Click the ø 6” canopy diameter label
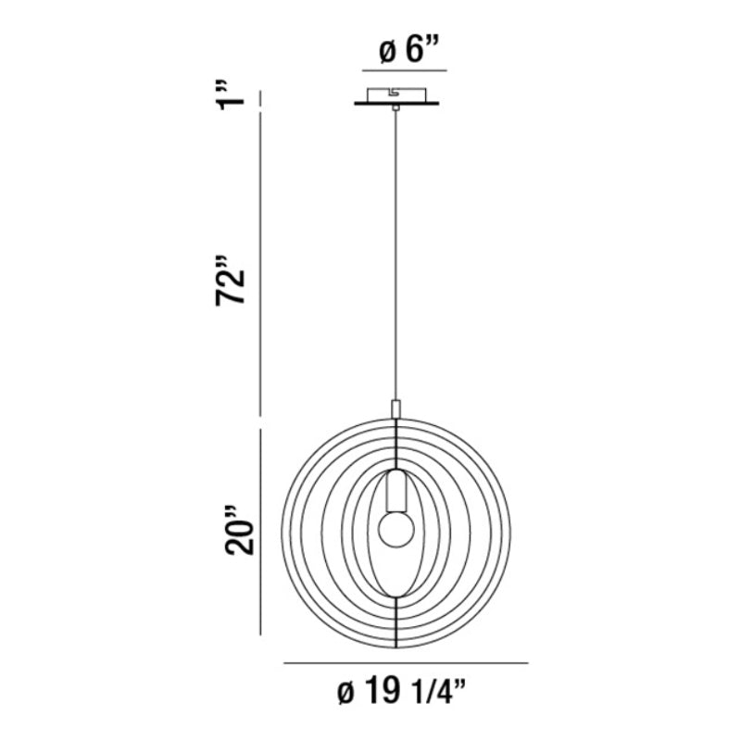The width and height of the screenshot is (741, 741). click(x=409, y=50)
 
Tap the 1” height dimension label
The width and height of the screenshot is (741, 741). click(x=231, y=96)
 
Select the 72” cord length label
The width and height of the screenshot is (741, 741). click(x=231, y=282)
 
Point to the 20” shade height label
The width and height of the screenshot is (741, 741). click(x=239, y=530)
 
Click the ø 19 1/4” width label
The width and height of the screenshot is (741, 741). click(x=402, y=693)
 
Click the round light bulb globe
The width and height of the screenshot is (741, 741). click(x=396, y=529)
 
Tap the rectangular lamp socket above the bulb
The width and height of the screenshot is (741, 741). click(x=396, y=491)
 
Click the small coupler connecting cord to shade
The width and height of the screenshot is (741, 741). click(x=396, y=408)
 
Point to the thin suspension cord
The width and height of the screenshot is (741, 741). click(x=396, y=256)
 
